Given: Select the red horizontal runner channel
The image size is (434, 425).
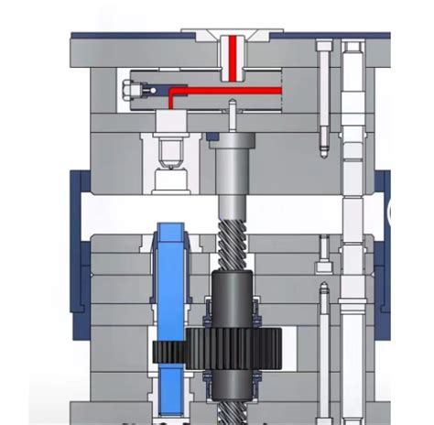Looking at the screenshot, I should point(229,90).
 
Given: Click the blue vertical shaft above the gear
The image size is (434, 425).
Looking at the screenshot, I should point(169,275).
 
